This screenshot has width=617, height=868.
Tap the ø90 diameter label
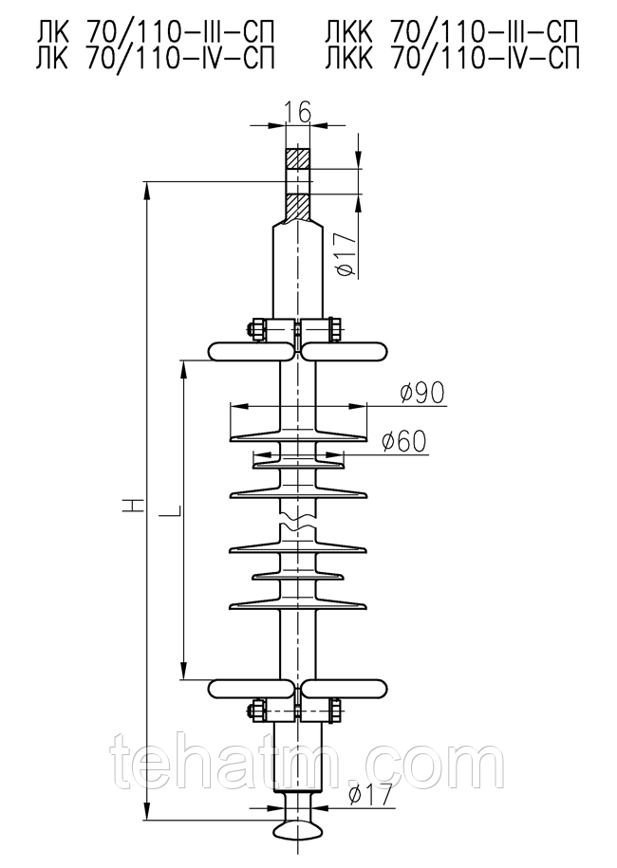[423, 392]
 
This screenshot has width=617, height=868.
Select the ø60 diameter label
[405, 441]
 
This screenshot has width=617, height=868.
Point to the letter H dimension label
[134, 505]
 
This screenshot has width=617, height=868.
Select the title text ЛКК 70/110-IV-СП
[453, 59]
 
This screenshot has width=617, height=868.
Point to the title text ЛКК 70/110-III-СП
[453, 34]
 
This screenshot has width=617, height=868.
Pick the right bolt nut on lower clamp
[336, 711]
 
